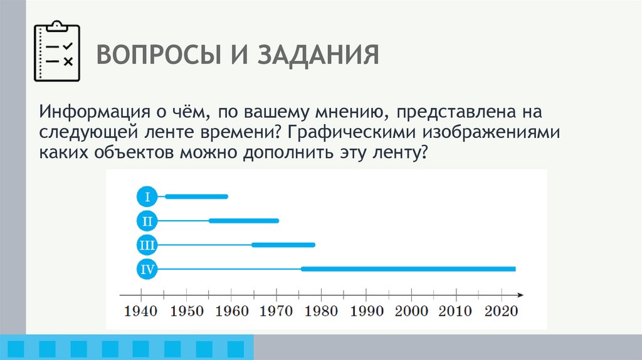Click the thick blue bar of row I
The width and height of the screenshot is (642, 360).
pos(196,197)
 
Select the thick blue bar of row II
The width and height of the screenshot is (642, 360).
pos(244,221)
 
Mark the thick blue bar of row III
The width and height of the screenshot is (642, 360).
pos(283,245)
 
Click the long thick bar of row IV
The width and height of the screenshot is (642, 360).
pos(408,269)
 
